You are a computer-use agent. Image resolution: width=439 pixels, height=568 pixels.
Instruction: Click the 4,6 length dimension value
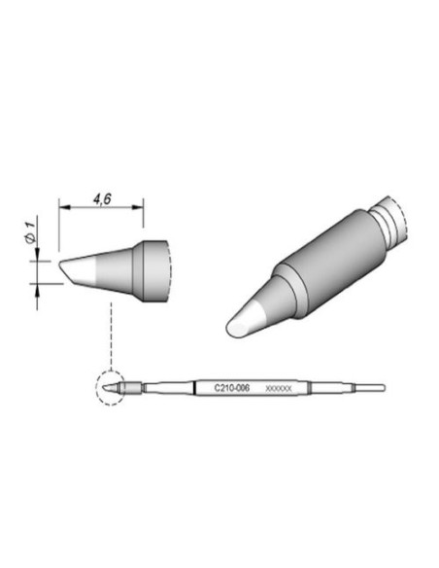(100, 198)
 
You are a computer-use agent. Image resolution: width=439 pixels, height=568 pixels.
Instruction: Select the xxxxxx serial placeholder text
(278, 388)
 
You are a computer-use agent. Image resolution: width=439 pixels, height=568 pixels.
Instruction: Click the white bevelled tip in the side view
(78, 267)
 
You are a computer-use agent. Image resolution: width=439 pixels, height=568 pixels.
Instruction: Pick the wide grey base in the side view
(155, 266)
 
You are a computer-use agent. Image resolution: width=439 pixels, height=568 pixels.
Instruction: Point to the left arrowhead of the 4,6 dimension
(64, 206)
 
